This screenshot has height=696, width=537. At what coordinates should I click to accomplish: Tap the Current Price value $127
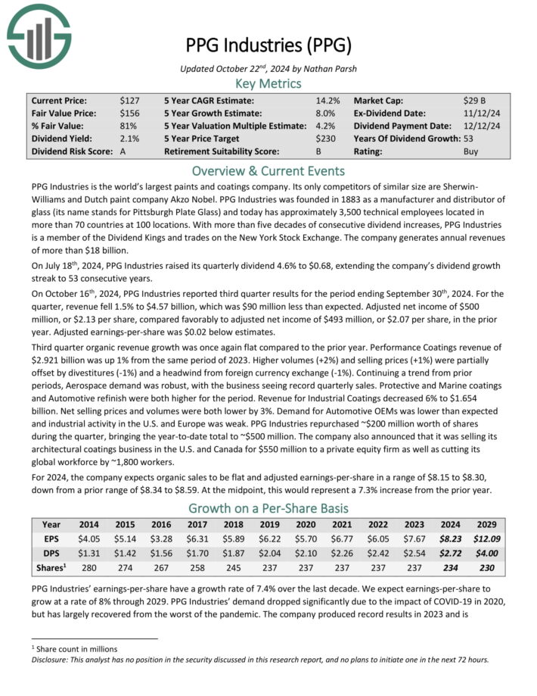click(x=129, y=100)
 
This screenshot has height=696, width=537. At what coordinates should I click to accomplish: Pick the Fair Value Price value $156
click(x=129, y=113)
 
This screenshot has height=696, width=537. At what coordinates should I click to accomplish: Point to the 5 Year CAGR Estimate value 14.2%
click(x=327, y=100)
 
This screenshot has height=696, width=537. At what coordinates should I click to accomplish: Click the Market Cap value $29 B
click(x=475, y=100)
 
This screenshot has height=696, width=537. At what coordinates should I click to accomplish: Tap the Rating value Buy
click(x=470, y=151)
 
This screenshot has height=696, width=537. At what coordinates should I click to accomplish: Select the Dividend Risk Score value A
click(x=123, y=151)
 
